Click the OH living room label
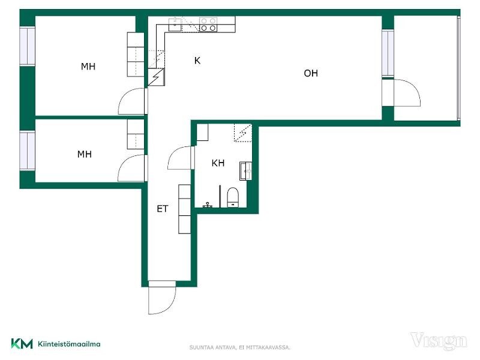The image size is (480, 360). point(311,73)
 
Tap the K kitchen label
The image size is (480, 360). point(197,61)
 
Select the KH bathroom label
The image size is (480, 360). point(218,163)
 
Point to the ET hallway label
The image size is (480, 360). point(162,209)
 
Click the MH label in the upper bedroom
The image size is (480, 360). point(88,67)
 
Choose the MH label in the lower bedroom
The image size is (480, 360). point(85,154)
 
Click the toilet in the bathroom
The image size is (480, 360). point(233,197)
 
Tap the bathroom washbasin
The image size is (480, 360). point(245,171)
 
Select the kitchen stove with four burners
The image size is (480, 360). point(208,25)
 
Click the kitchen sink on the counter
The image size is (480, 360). point(175,24)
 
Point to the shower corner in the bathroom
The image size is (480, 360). point(243,133)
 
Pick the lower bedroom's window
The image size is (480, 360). point(28,151)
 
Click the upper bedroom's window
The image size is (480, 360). point(28,46)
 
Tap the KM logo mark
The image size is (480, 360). point(22,344)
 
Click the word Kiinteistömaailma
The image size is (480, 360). point(69,344)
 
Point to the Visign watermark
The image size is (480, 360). point(439,341)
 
